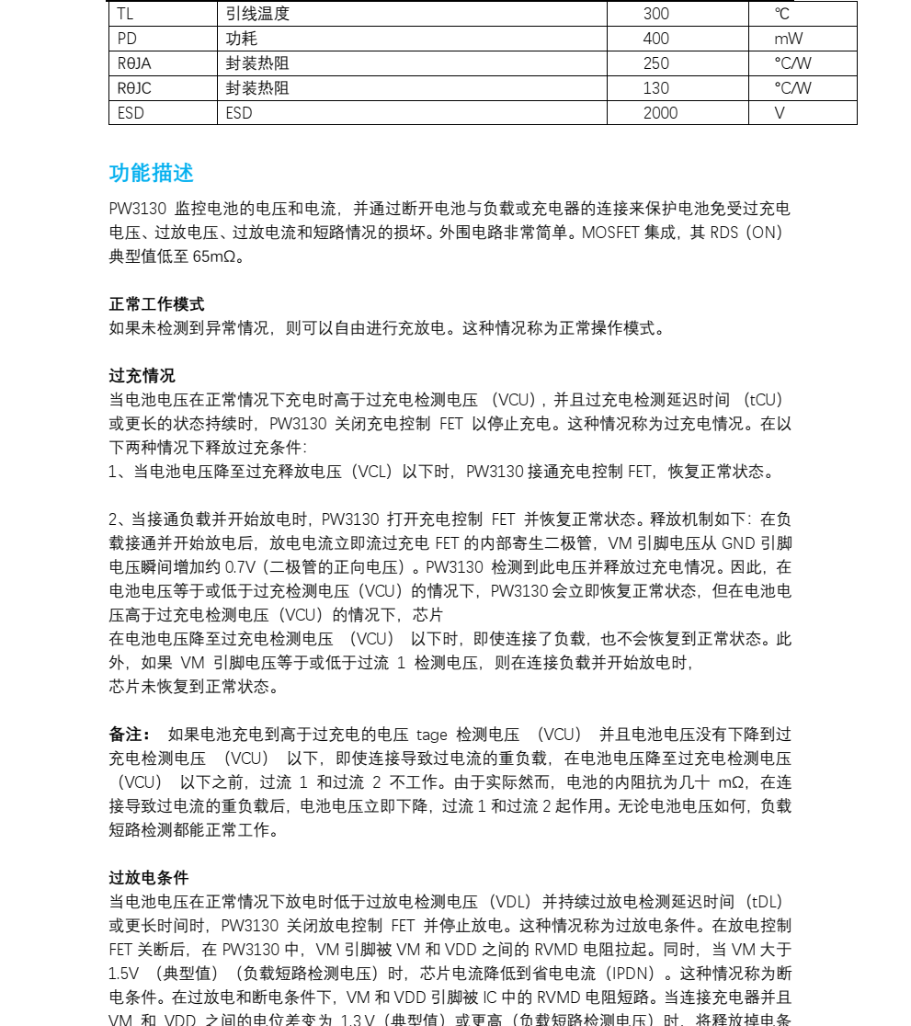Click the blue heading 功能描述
click(152, 174)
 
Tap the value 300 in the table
click(656, 14)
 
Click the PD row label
click(127, 39)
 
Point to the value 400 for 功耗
click(656, 39)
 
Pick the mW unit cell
click(788, 39)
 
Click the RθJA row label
click(134, 63)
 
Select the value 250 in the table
click(656, 63)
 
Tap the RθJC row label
click(134, 88)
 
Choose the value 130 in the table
click(656, 88)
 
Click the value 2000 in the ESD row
click(660, 113)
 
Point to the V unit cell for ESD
click(780, 113)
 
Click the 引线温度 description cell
click(257, 14)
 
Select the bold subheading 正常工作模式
click(157, 304)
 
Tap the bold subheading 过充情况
click(142, 376)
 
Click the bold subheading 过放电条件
click(149, 878)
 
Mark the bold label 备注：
click(130, 735)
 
